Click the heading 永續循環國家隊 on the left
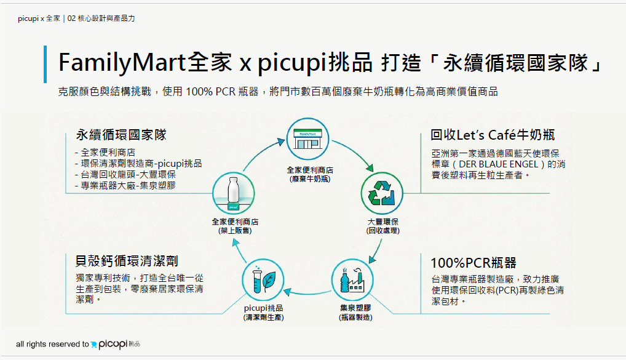click(x=121, y=135)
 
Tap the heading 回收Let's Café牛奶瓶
click(x=493, y=135)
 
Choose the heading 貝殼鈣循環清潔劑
click(x=127, y=262)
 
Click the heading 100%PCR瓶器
click(x=473, y=263)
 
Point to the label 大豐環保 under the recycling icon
click(x=383, y=222)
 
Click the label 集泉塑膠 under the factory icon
click(x=355, y=308)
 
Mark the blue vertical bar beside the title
click(x=46, y=64)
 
